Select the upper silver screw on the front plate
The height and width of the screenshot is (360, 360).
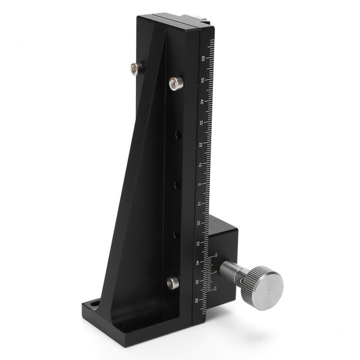(x=176, y=84)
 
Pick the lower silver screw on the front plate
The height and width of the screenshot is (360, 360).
(x=172, y=283)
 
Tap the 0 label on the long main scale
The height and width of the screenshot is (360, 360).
(x=199, y=184)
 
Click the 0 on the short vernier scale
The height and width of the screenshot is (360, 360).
(x=215, y=272)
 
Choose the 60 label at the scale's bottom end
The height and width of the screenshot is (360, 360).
(x=196, y=301)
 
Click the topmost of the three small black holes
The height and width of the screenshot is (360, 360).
(x=178, y=135)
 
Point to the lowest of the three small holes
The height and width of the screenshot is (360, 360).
(x=175, y=234)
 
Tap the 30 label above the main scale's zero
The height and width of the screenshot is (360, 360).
(x=201, y=123)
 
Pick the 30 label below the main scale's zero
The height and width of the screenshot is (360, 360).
(x=198, y=243)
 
